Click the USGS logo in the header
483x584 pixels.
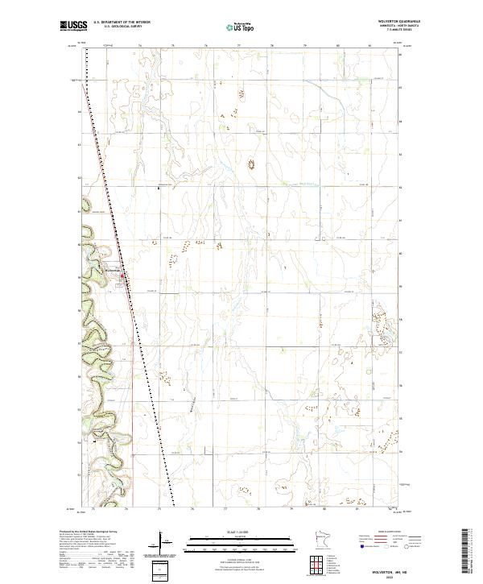[74, 27]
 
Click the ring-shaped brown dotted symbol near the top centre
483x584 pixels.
[250, 164]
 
